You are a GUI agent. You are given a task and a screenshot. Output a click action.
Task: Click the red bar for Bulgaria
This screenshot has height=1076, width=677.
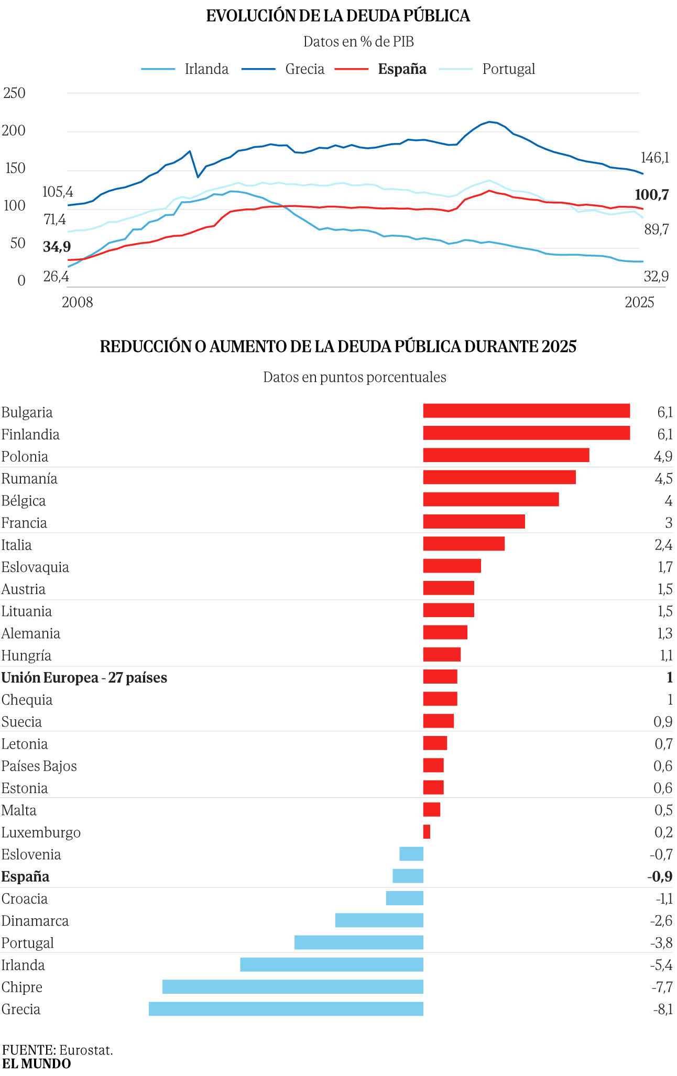(x=526, y=411)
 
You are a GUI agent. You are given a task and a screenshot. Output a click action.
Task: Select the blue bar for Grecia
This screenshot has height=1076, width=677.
(x=286, y=1008)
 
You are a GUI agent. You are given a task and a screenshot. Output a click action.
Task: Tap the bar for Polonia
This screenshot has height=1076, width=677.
(x=506, y=455)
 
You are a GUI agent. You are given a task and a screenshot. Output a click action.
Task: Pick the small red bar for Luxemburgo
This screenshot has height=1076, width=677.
(x=427, y=831)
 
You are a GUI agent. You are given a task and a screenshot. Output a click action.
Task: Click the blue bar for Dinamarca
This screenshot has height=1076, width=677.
(x=379, y=920)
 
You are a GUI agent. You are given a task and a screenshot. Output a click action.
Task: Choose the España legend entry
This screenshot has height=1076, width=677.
(x=402, y=69)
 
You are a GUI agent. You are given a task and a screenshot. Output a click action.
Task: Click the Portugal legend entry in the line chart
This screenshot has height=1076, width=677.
(x=508, y=69)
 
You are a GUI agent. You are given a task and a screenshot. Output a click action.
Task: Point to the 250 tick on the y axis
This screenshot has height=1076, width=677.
(x=14, y=93)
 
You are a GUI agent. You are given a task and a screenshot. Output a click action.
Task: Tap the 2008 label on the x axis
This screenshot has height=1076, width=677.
(x=77, y=302)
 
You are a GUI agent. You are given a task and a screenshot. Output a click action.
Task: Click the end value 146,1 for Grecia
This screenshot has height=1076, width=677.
(x=654, y=158)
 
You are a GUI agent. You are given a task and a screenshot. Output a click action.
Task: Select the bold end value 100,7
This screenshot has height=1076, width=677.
(x=651, y=195)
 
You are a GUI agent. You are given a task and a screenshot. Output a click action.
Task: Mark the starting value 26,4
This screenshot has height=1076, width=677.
(x=56, y=276)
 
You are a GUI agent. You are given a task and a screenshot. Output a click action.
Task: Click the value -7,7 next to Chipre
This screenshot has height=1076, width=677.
(x=662, y=987)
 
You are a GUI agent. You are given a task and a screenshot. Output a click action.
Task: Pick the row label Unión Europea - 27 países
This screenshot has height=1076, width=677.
(x=84, y=678)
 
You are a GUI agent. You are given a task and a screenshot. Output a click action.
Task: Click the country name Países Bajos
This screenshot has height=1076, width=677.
(x=39, y=766)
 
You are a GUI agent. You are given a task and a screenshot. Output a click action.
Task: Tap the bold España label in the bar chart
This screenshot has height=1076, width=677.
(x=26, y=876)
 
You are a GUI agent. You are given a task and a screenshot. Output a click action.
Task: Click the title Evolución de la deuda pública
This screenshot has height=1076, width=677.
(x=338, y=16)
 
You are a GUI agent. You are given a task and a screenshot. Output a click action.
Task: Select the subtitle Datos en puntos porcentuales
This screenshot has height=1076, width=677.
(x=354, y=377)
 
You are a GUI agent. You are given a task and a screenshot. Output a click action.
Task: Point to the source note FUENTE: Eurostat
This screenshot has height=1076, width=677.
(x=58, y=1050)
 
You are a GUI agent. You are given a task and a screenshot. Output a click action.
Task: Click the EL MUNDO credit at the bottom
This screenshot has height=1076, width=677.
(x=36, y=1063)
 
